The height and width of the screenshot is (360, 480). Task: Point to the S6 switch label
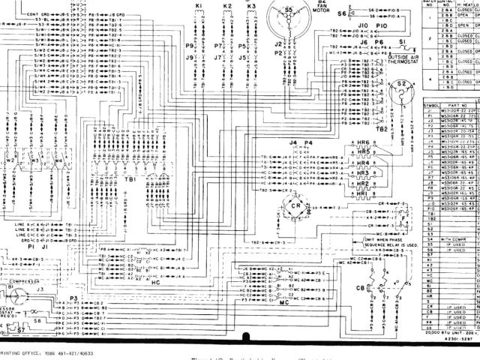[342, 13]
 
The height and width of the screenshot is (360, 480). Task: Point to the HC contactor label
[156, 262]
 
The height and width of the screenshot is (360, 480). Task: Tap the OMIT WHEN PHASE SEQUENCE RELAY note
[379, 241]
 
